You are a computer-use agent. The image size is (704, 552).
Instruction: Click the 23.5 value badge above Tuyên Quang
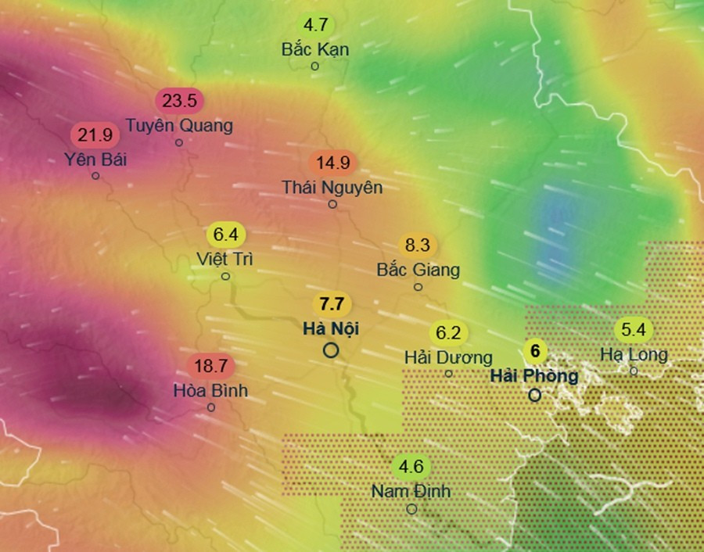tap(180, 101)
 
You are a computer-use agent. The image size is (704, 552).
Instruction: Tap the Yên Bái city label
tap(95, 160)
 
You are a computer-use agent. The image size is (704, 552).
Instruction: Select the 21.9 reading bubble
tap(95, 135)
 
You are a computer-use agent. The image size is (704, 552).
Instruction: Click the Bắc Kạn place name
tap(315, 48)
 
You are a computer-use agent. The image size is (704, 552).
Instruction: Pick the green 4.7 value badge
tap(315, 24)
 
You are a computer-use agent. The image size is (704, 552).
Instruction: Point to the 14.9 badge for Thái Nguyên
tap(332, 163)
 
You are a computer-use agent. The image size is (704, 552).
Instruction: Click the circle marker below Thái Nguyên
tap(332, 204)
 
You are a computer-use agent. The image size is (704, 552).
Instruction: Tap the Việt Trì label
tap(225, 259)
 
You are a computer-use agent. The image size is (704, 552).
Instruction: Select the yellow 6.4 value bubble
tap(225, 234)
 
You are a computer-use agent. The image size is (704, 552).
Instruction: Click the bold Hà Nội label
tap(331, 328)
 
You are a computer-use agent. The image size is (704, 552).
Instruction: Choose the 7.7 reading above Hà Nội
tap(331, 304)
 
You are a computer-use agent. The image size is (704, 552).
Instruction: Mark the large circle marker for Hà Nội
tap(331, 350)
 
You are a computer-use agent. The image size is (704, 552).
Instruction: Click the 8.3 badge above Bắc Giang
tap(418, 246)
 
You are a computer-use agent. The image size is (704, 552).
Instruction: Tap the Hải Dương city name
tap(448, 357)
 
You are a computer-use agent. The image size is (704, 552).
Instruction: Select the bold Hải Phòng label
tap(534, 375)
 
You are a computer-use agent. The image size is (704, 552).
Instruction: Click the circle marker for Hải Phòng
tap(534, 395)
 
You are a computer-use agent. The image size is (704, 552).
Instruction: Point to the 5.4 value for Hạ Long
tap(634, 329)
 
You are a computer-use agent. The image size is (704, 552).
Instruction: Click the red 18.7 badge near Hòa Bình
tap(211, 366)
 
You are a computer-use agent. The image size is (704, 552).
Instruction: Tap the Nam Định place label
tap(411, 492)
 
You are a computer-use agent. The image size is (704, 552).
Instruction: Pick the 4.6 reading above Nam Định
tap(411, 468)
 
